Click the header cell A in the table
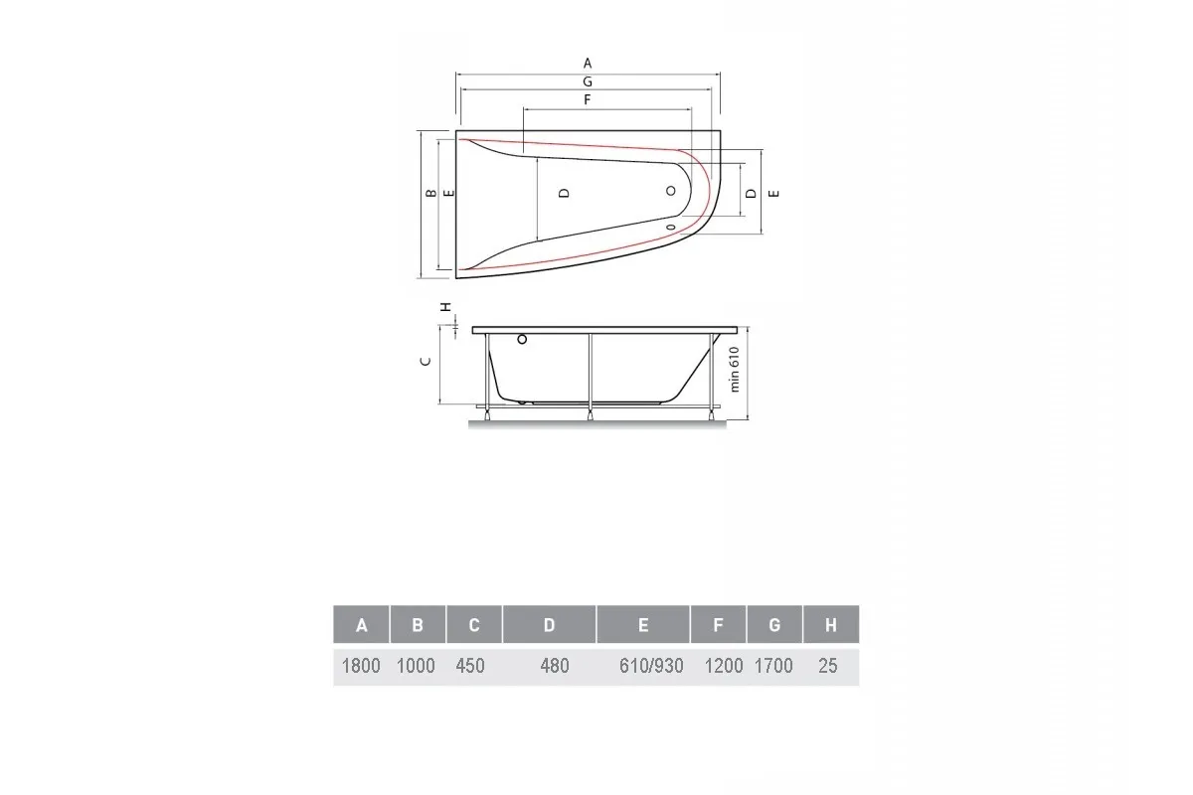point(361,625)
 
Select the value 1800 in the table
point(361,666)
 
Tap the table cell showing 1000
point(417,666)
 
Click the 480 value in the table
point(554,666)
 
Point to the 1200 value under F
point(723,666)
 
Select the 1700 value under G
point(773,666)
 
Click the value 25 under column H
point(829,666)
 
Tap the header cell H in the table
point(830,625)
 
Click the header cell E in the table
point(643,625)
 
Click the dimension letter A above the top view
point(588,63)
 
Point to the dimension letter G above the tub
point(588,81)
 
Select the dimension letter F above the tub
point(588,100)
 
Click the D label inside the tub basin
point(563,193)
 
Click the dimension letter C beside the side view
point(425,362)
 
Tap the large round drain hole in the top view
point(673,193)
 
